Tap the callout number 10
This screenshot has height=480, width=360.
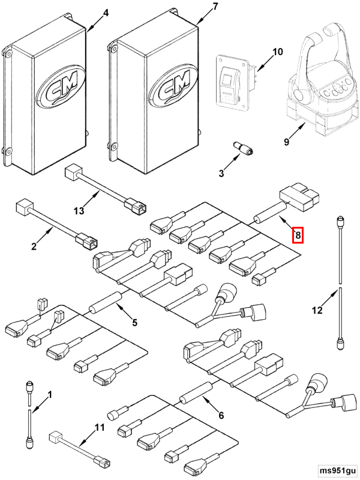coord(277,52)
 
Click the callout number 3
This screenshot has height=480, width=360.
coord(221,174)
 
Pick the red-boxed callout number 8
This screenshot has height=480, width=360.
coord(298,235)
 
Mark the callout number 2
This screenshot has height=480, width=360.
coord(34,247)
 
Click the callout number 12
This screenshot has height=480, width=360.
coord(317,310)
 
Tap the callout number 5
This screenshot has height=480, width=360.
coord(134,322)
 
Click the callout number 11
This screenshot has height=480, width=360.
coord(100,427)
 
